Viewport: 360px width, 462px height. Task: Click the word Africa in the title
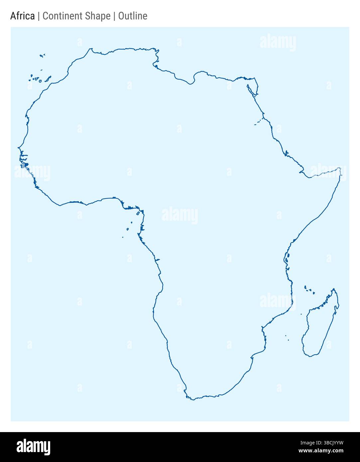click(x=22, y=16)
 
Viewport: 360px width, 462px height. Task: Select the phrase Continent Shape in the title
click(x=76, y=16)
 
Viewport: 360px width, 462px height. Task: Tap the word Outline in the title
click(x=133, y=16)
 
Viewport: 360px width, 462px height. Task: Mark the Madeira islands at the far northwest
click(x=42, y=56)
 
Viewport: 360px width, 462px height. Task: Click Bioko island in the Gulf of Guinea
click(x=138, y=213)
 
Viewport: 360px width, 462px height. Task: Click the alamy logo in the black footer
click(x=34, y=447)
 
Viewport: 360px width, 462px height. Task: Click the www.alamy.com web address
click(x=321, y=451)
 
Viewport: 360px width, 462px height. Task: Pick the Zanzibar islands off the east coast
click(x=286, y=259)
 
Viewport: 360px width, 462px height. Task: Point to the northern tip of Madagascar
click(x=334, y=289)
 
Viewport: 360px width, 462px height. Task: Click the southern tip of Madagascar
click(x=310, y=356)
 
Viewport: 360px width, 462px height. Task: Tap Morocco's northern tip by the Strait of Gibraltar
click(x=90, y=49)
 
